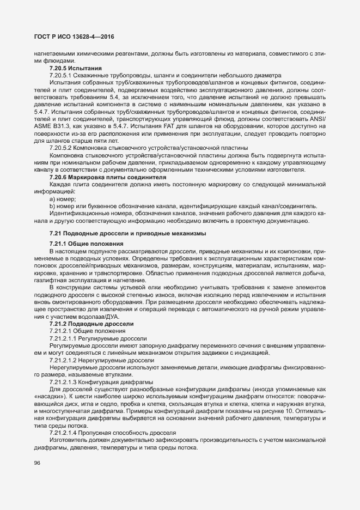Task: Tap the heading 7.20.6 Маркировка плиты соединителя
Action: pos(103,178)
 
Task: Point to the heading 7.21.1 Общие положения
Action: pos(86,242)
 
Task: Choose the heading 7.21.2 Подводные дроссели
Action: pos(90,324)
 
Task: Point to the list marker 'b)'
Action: pos(52,207)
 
